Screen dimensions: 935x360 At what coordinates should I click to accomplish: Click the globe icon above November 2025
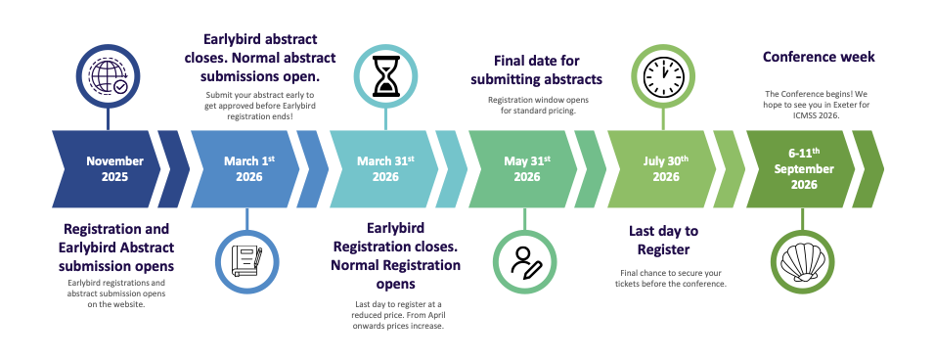click(x=108, y=77)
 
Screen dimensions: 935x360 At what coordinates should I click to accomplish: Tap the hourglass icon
click(x=385, y=76)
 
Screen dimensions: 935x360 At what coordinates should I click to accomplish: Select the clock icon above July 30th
click(x=663, y=75)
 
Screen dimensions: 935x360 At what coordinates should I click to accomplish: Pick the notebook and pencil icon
click(x=246, y=261)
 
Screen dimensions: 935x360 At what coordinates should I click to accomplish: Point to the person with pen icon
click(x=525, y=262)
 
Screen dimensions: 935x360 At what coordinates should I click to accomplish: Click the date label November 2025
click(x=114, y=168)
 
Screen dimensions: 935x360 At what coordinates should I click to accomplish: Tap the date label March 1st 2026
click(x=249, y=168)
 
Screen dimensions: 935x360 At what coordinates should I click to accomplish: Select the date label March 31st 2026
click(x=385, y=168)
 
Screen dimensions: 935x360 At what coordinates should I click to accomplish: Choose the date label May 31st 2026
click(x=527, y=168)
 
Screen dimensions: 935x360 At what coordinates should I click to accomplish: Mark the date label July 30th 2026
click(x=665, y=168)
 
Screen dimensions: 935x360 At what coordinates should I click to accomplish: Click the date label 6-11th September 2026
click(x=804, y=168)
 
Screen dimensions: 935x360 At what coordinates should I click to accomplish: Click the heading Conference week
click(x=819, y=57)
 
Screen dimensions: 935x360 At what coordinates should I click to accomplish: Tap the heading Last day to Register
click(x=663, y=241)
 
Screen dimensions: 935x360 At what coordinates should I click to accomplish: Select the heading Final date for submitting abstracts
click(x=536, y=69)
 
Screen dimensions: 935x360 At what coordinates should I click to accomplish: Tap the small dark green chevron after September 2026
click(x=868, y=168)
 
